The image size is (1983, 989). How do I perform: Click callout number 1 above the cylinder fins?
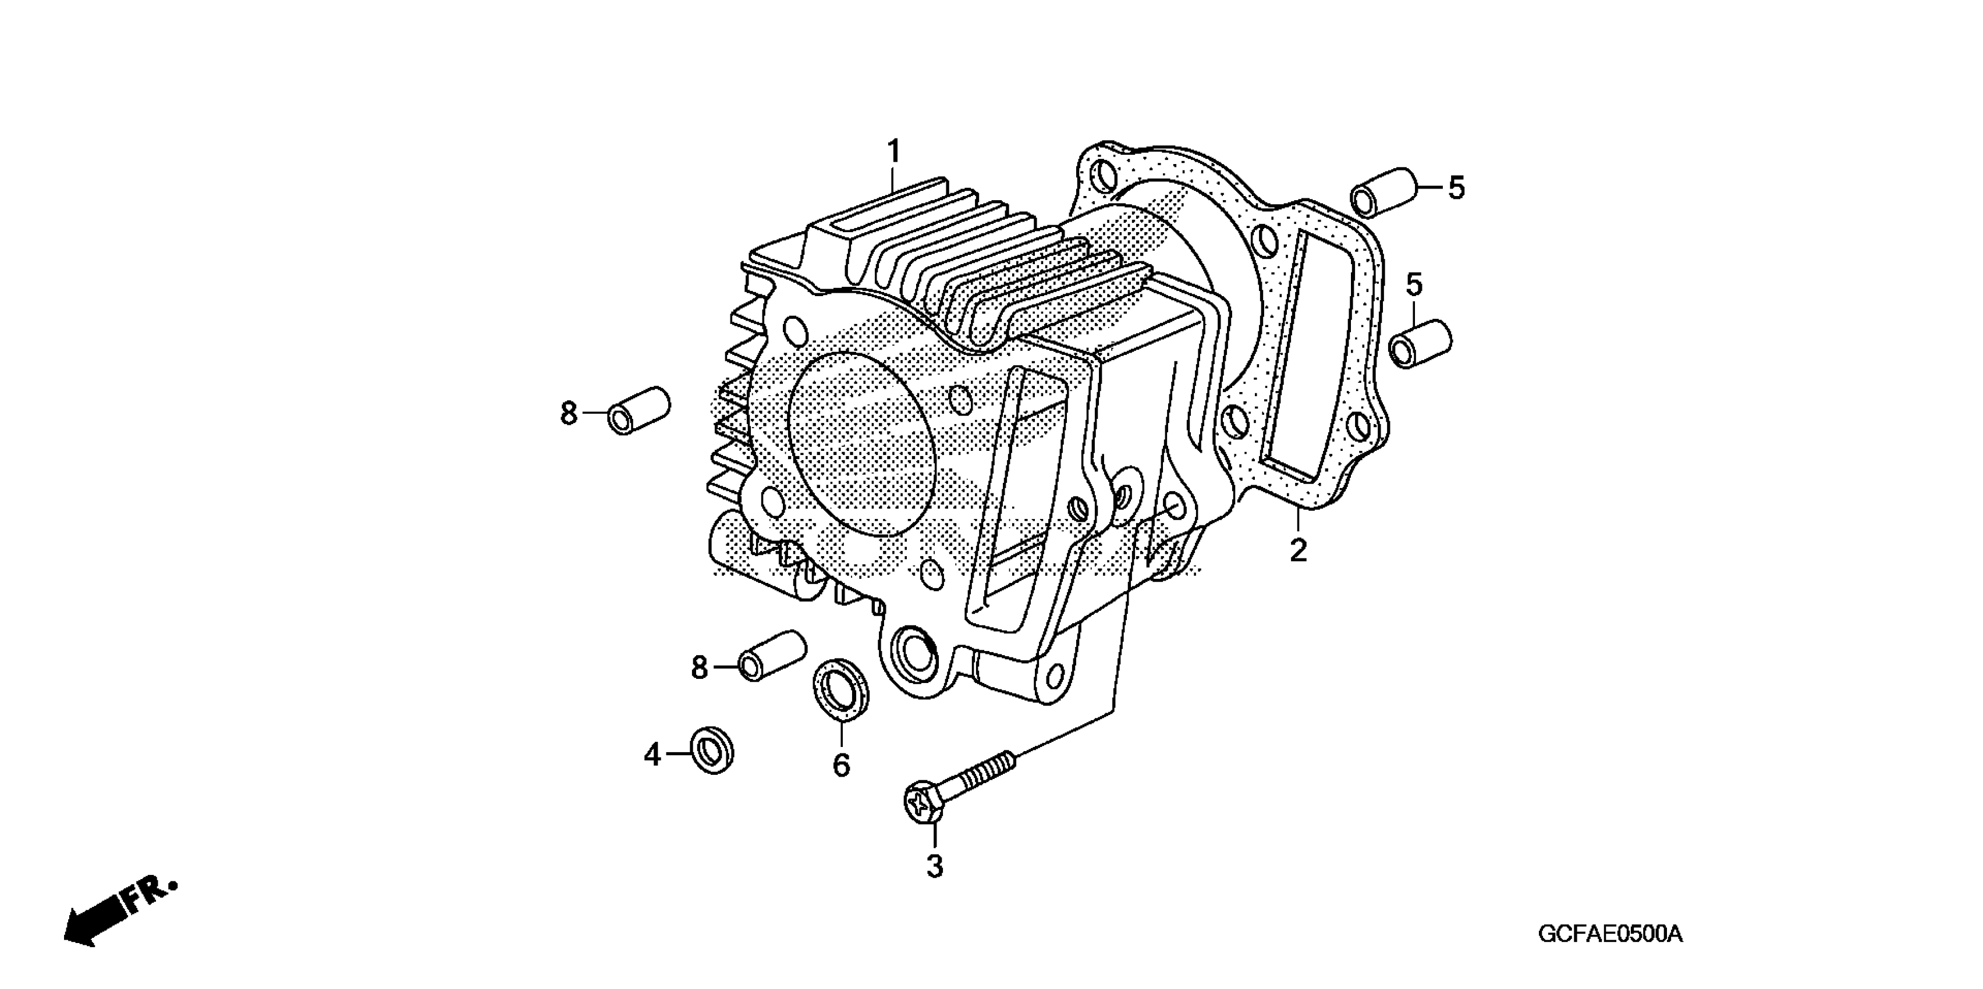click(894, 152)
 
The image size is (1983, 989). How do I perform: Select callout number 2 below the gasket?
click(1298, 550)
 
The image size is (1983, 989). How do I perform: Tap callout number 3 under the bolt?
click(935, 867)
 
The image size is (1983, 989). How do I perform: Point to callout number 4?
click(652, 755)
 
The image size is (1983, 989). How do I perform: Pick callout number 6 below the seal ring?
click(842, 765)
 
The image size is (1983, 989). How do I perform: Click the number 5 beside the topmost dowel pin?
click(1456, 188)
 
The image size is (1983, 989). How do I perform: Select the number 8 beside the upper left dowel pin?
click(568, 414)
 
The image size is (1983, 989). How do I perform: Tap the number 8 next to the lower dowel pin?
click(699, 667)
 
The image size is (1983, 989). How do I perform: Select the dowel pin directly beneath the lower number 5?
click(1420, 344)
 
